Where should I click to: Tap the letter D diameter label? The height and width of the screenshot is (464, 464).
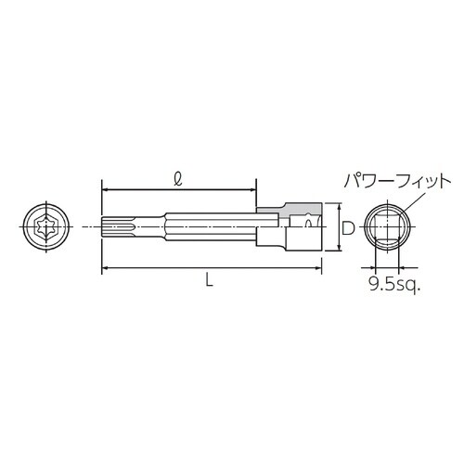coord(344,226)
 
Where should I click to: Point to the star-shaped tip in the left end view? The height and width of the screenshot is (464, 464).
coord(44,226)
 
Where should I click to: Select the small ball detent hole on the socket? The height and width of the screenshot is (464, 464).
coord(307,223)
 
